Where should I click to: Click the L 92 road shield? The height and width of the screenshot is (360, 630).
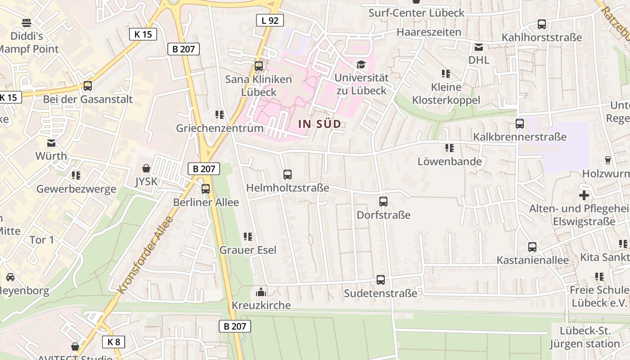pyautogui.click(x=270, y=20)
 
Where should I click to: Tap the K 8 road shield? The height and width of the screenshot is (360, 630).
pyautogui.click(x=113, y=342)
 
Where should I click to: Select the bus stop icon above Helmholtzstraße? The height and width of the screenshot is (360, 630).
pyautogui.click(x=288, y=174)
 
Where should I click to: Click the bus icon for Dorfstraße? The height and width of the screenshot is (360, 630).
pyautogui.click(x=383, y=201)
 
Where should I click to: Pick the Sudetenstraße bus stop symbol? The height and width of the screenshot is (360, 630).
pyautogui.click(x=381, y=280)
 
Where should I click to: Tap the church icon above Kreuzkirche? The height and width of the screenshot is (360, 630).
pyautogui.click(x=261, y=292)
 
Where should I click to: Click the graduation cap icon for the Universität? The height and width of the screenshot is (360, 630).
pyautogui.click(x=361, y=65)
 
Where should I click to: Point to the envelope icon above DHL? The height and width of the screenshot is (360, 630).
pyautogui.click(x=479, y=47)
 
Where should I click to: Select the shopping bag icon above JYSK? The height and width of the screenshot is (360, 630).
pyautogui.click(x=146, y=168)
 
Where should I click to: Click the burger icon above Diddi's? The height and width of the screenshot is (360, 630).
pyautogui.click(x=27, y=22)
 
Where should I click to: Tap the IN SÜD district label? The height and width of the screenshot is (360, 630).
pyautogui.click(x=319, y=124)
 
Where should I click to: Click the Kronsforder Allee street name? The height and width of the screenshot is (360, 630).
pyautogui.click(x=145, y=255)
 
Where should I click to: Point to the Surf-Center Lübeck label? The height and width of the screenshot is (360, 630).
pyautogui.click(x=416, y=13)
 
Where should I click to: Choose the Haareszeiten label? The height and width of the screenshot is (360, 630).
pyautogui.click(x=429, y=32)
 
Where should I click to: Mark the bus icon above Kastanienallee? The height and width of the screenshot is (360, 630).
pyautogui.click(x=532, y=247)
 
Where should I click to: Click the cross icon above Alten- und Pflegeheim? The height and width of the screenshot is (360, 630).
pyautogui.click(x=584, y=195)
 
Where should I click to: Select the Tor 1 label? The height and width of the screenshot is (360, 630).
pyautogui.click(x=41, y=240)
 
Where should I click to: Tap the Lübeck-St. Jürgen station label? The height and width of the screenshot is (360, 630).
pyautogui.click(x=584, y=337)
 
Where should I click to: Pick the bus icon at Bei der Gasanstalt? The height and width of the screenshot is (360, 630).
pyautogui.click(x=88, y=85)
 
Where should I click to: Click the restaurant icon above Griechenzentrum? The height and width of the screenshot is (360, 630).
pyautogui.click(x=220, y=115)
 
